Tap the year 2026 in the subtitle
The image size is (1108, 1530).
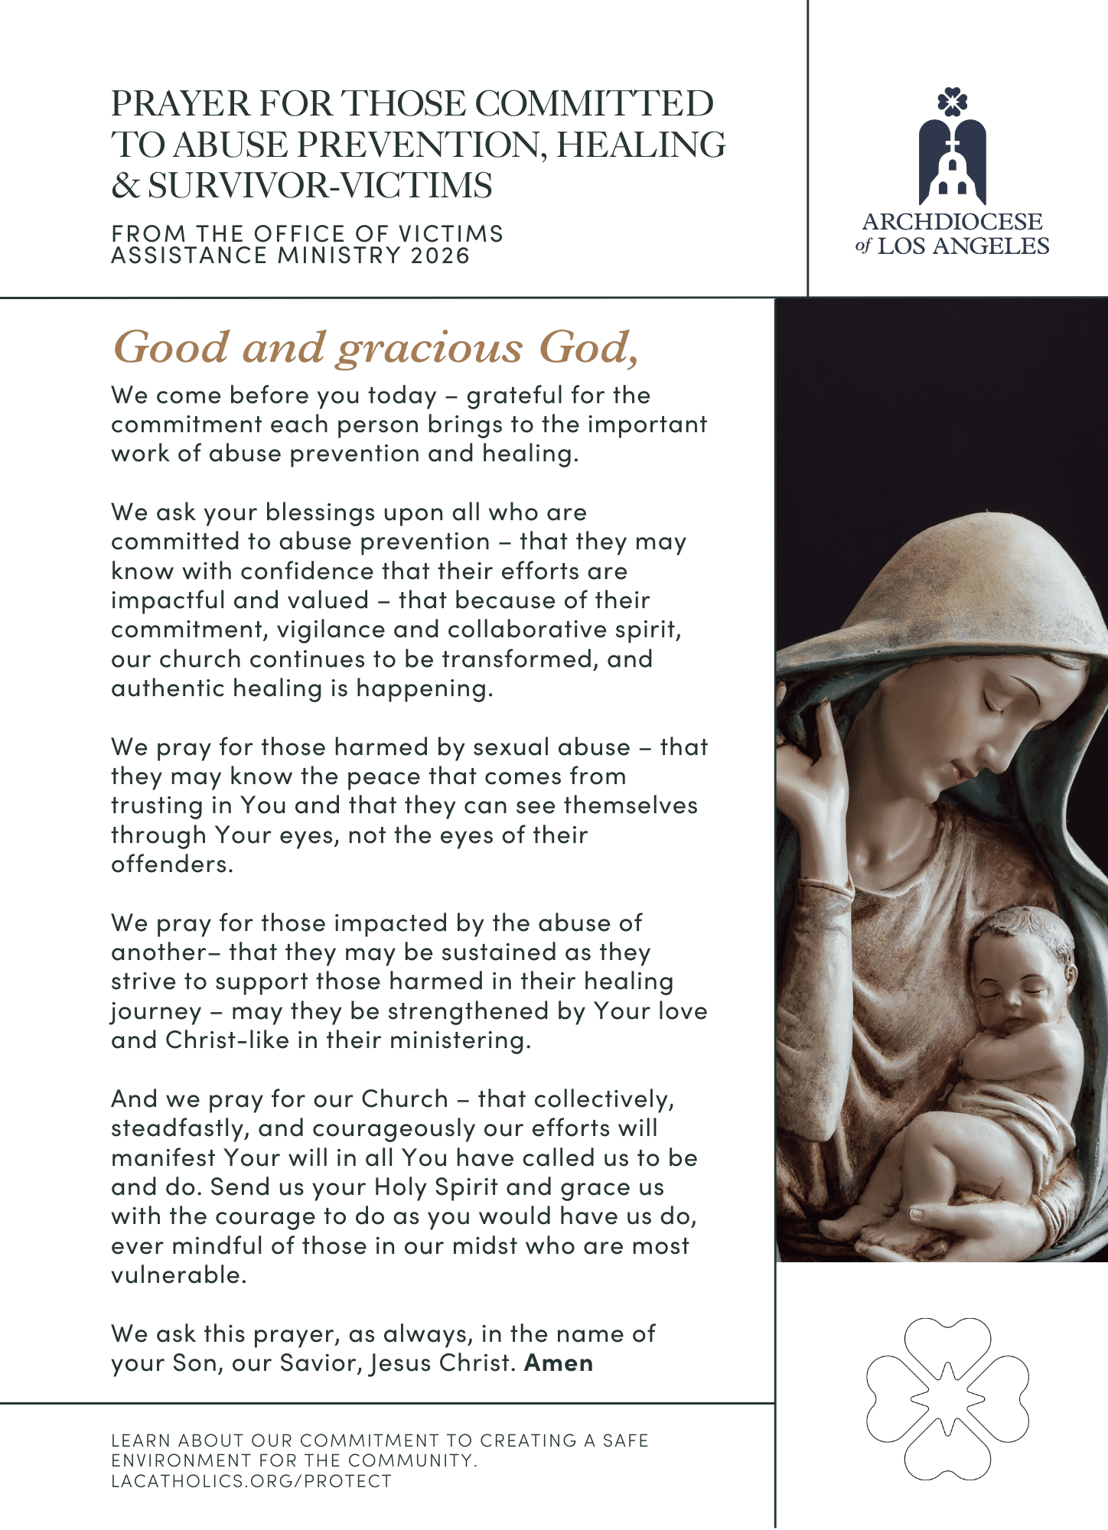(x=440, y=255)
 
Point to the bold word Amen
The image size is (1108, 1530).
(x=559, y=1363)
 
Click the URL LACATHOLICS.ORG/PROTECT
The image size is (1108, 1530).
(x=251, y=1481)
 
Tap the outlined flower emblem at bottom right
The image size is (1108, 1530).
(x=947, y=1398)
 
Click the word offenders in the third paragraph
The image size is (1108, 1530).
(x=171, y=864)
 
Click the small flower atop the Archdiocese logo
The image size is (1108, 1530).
(x=952, y=102)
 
